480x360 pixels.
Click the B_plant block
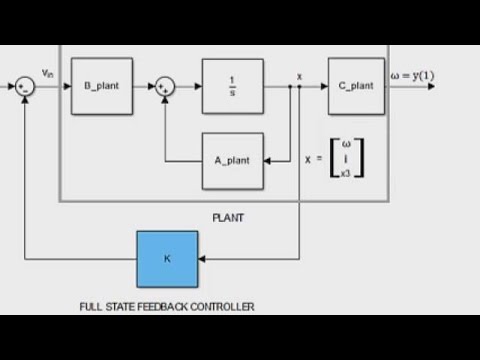(101, 86)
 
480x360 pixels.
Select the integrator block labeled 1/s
(233, 86)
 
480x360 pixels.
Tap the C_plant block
(356, 86)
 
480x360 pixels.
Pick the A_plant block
(233, 161)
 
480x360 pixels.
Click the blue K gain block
(167, 259)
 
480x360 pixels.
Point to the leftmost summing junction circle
(25, 87)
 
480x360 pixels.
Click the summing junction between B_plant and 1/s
(166, 87)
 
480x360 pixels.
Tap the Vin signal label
(48, 73)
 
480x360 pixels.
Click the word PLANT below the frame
(228, 217)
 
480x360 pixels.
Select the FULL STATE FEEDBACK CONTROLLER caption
(167, 307)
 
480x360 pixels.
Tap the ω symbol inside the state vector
(346, 144)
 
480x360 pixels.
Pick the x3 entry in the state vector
(346, 173)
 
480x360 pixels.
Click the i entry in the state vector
(346, 158)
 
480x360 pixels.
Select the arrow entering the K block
(202, 259)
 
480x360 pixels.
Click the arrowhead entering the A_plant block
(268, 161)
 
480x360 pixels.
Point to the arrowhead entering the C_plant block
(323, 87)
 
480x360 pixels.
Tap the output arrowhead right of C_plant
(431, 87)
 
